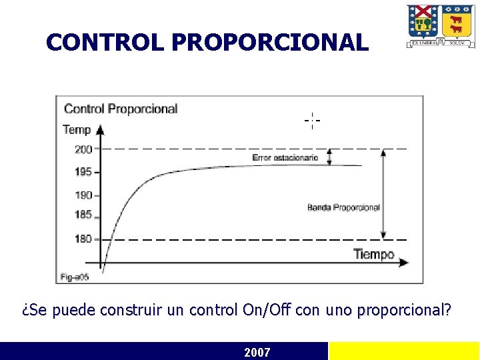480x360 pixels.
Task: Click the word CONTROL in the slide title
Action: click(105, 43)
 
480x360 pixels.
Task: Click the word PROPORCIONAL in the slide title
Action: click(269, 43)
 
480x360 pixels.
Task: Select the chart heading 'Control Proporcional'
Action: click(121, 109)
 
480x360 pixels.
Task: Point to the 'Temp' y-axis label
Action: click(77, 129)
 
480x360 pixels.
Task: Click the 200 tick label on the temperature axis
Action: click(83, 149)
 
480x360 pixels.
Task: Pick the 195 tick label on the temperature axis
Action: click(83, 172)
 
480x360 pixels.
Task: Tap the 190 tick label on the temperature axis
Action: click(83, 195)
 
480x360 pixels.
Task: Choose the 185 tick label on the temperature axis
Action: click(83, 215)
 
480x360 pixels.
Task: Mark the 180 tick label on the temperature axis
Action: click(83, 239)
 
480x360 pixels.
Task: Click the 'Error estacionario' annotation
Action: click(285, 158)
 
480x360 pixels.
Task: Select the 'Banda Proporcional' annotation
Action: click(343, 207)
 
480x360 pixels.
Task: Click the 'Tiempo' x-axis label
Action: click(373, 254)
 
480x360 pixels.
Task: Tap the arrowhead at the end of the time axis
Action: click(403, 263)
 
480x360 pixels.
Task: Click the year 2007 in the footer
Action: click(257, 352)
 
